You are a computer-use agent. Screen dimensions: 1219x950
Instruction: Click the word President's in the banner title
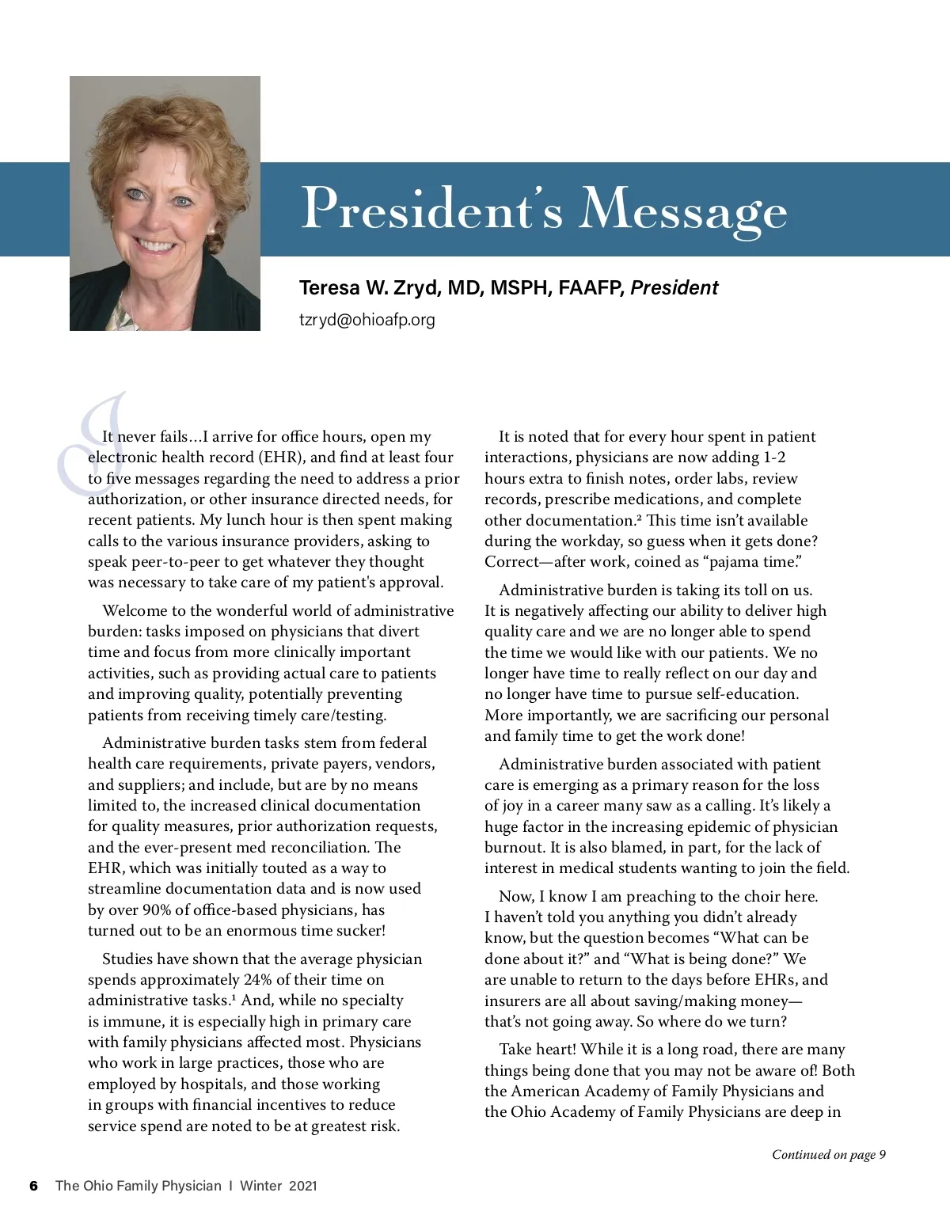click(x=431, y=209)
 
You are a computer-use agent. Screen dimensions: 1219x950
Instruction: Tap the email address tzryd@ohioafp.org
click(x=367, y=320)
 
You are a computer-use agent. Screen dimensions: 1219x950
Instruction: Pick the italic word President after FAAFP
click(x=674, y=287)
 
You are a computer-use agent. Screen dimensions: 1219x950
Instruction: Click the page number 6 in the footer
click(x=33, y=1186)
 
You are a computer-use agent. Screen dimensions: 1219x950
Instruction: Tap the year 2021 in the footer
click(x=302, y=1186)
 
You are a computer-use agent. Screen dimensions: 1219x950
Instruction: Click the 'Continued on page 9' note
click(x=828, y=1154)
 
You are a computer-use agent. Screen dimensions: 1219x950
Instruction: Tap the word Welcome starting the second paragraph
click(x=135, y=610)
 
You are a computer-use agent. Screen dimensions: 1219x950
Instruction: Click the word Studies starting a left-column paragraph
click(x=128, y=959)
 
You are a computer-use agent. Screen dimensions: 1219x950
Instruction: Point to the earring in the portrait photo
click(x=212, y=230)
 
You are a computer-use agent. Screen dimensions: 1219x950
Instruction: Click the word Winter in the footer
click(x=260, y=1186)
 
